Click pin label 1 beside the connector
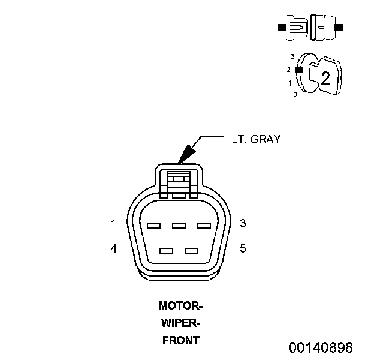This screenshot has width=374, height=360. (113, 224)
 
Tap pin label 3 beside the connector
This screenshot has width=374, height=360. (243, 224)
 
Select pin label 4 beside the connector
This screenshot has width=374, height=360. (113, 248)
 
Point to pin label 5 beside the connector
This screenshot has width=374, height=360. (243, 248)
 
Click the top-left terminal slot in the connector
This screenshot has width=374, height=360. (153, 226)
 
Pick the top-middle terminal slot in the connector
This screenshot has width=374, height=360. (178, 226)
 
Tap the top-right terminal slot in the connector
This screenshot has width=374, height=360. (204, 226)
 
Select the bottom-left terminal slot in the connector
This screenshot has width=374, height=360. (167, 250)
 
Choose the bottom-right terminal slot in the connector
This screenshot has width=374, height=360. (191, 250)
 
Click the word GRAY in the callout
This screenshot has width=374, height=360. (265, 139)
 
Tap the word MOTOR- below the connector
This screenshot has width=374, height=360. (180, 305)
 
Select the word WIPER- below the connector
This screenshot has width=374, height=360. (180, 323)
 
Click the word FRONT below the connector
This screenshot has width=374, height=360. (180, 341)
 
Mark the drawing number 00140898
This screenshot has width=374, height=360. (321, 347)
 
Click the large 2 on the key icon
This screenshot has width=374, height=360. (325, 77)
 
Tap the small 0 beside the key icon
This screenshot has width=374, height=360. (294, 95)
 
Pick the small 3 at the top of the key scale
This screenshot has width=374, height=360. (292, 56)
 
